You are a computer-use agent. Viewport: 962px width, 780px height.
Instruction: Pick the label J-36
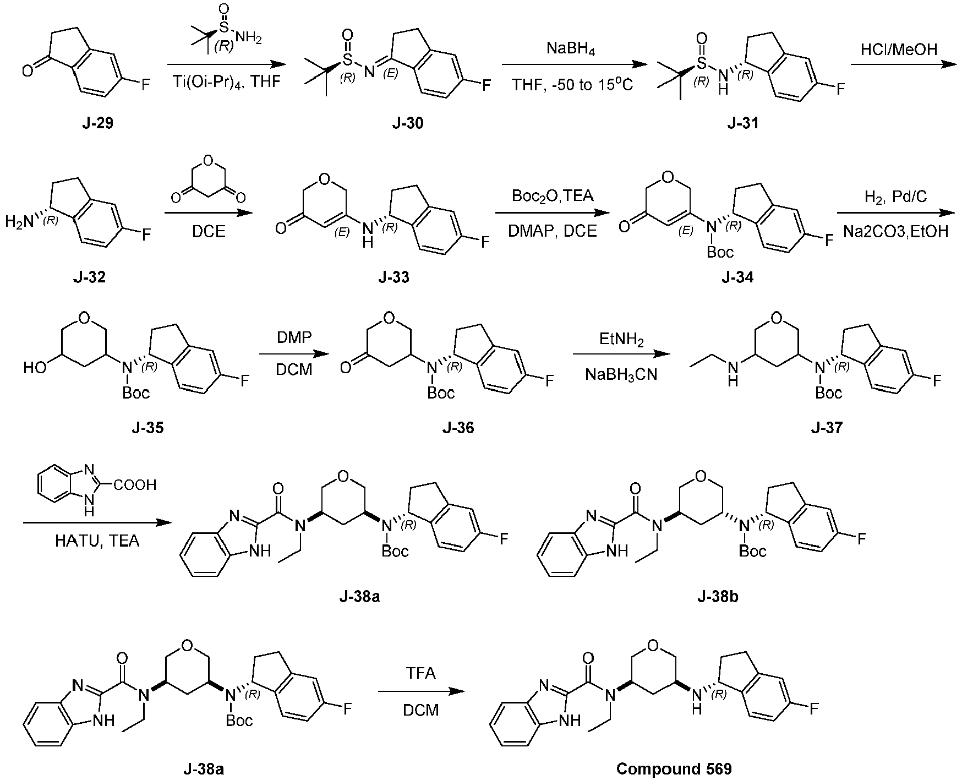pos(458,428)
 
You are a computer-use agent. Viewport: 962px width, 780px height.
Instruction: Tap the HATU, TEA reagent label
pos(97,541)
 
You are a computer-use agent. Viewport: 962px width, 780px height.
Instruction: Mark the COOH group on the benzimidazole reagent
pos(136,484)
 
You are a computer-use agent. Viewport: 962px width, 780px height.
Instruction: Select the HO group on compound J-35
pos(35,367)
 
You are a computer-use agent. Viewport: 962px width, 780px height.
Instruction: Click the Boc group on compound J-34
pos(720,252)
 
